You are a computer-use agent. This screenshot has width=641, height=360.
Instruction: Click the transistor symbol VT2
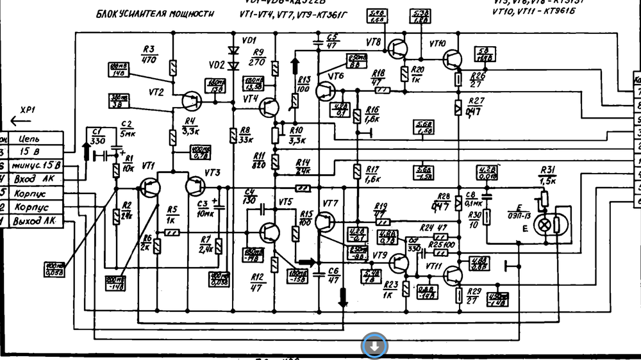[x=191, y=101]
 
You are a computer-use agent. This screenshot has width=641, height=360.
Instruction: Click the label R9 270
[x=259, y=57]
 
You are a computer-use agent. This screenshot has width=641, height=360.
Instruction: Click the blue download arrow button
[x=375, y=347]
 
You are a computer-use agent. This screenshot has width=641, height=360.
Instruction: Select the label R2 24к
[x=126, y=209]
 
